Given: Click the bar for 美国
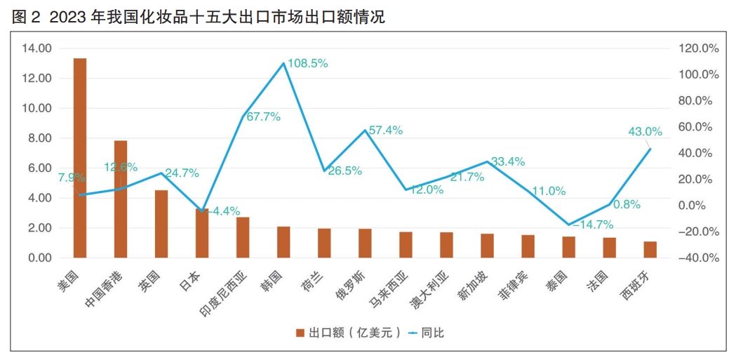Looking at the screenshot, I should [80, 158].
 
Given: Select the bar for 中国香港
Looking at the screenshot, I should [121, 199].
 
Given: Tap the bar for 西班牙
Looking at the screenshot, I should [650, 250].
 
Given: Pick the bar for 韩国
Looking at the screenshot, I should [283, 242].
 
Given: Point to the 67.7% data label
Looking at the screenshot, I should [263, 116].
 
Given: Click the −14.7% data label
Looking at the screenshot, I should [593, 225].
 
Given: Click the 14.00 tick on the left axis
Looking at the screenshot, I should [37, 48].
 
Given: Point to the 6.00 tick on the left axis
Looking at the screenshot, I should [40, 168].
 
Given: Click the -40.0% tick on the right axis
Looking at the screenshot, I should [700, 258].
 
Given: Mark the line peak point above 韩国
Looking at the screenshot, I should [283, 63].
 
